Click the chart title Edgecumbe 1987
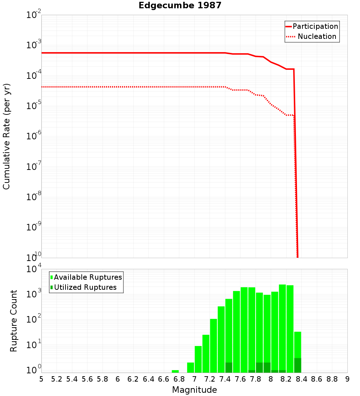click(x=180, y=6)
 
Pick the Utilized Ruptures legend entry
click(x=85, y=287)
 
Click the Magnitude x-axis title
click(x=194, y=390)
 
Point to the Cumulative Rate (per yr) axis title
click(x=6, y=136)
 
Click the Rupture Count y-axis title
click(x=14, y=321)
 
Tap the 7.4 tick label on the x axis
click(x=225, y=379)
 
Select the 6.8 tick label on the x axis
click(x=179, y=379)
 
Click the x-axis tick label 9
click(x=347, y=379)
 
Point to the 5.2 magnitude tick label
click(x=57, y=379)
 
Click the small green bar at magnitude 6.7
click(x=175, y=371)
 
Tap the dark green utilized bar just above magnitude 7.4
click(x=229, y=368)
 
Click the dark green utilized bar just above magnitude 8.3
click(x=298, y=365)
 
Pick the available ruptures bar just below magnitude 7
click(x=191, y=368)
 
